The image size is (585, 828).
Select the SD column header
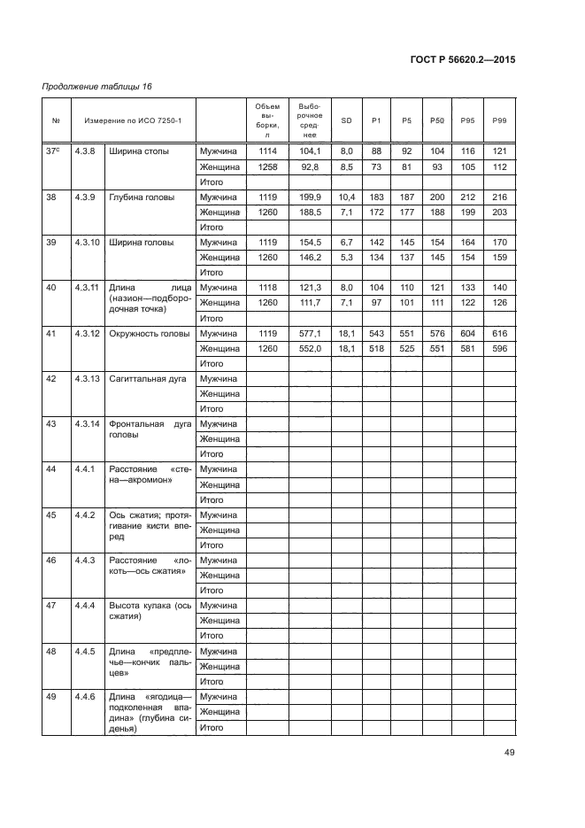(346, 120)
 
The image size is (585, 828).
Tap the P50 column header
(437, 120)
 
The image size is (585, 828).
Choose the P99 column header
(499, 120)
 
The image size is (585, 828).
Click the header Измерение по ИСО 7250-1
(133, 120)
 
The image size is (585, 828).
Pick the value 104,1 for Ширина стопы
(310, 151)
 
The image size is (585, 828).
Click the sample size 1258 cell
(266, 166)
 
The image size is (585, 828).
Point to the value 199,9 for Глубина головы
(310, 197)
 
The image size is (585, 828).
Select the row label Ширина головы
(141, 242)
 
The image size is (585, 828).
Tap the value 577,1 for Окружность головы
(310, 333)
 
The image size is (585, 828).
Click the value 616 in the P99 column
(499, 333)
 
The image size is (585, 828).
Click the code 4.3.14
(87, 423)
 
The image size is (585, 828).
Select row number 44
(51, 469)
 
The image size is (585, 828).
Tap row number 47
(51, 605)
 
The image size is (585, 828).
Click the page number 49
(509, 753)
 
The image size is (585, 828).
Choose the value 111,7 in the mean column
(310, 303)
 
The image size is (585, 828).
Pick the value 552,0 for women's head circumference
(310, 348)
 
